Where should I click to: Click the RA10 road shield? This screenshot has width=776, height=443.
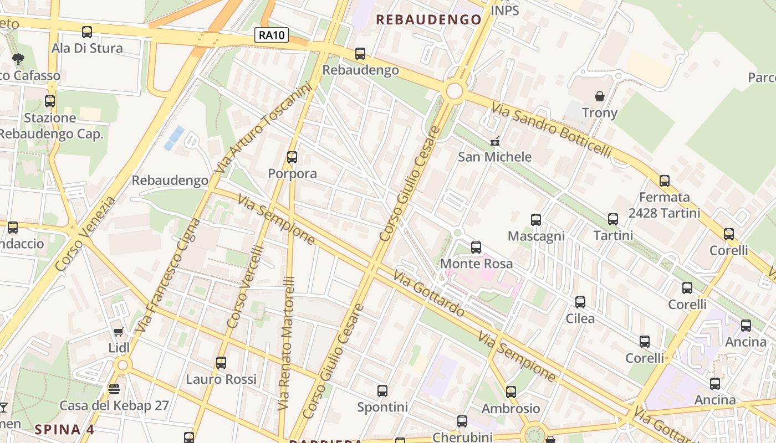tap(272, 35)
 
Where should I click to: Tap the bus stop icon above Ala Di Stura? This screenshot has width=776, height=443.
tap(87, 32)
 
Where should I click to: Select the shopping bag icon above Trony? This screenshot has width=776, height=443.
tap(600, 96)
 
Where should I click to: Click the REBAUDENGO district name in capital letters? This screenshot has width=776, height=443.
tap(428, 20)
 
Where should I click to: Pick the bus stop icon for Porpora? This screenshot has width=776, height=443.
tap(292, 157)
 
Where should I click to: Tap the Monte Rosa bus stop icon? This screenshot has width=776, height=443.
tap(476, 248)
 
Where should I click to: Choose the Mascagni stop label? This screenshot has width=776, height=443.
tap(536, 236)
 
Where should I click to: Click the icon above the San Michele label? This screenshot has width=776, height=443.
tap(494, 141)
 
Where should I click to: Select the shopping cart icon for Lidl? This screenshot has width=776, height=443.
tap(118, 332)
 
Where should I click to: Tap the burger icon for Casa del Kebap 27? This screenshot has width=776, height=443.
tap(114, 389)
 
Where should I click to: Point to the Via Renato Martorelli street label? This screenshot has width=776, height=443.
tap(287, 343)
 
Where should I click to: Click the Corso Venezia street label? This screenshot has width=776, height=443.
tap(85, 234)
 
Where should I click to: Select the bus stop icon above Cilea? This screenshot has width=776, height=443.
tap(580, 302)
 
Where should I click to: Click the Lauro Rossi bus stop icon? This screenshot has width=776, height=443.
tap(221, 363)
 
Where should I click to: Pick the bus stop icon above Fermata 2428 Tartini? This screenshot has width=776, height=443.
tap(664, 181)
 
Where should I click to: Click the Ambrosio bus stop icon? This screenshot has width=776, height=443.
tap(510, 392)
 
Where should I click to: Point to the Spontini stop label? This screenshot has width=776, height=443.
tap(382, 408)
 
